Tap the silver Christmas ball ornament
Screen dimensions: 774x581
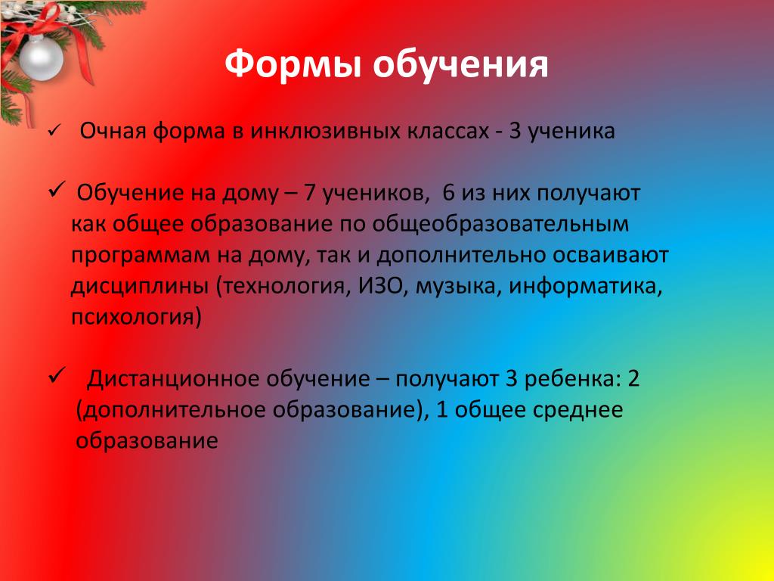tap(41, 57)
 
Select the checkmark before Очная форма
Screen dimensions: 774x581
tap(54, 132)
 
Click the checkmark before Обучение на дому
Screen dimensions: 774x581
tap(57, 189)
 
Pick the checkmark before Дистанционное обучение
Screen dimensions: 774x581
tap(57, 376)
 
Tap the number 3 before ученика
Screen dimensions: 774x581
tap(515, 131)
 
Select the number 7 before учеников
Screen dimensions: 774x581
tap(309, 192)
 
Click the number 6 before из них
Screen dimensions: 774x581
tap(448, 192)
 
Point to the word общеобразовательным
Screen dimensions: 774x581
tap(500, 224)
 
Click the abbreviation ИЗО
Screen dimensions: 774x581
tap(380, 286)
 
